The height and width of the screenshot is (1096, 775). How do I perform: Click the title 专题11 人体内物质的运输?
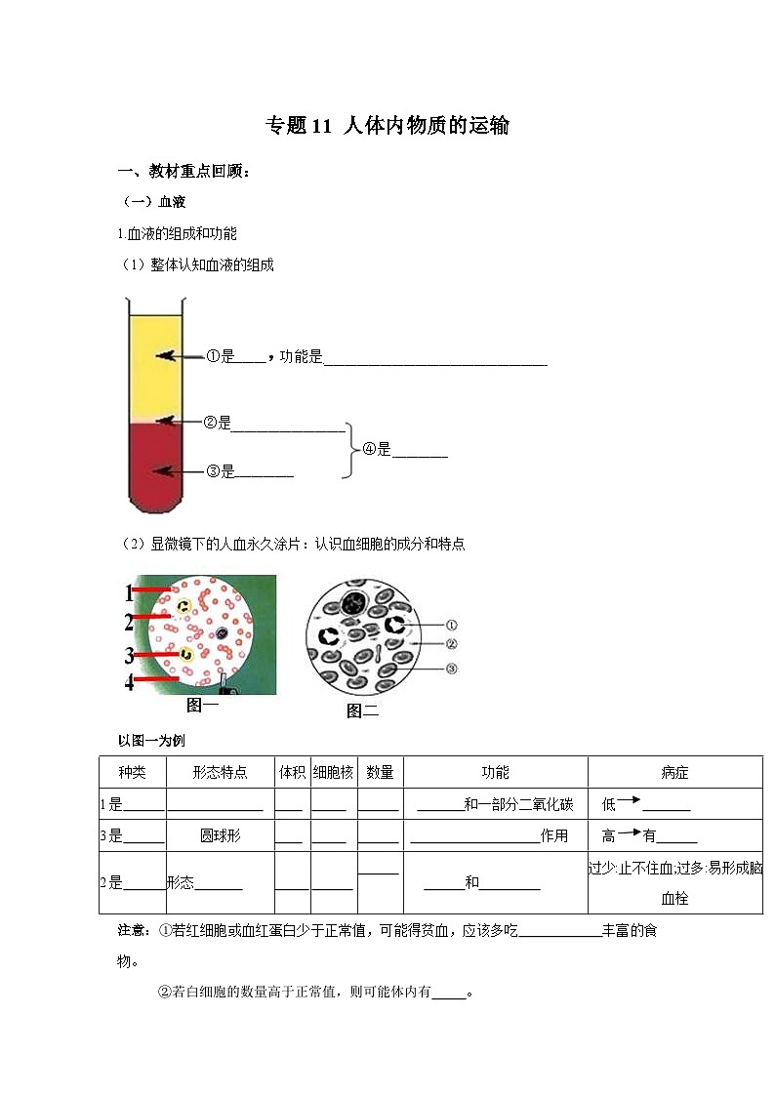pos(387,126)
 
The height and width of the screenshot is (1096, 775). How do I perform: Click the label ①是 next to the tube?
pos(221,357)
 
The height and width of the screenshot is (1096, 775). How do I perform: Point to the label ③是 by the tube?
pos(222,472)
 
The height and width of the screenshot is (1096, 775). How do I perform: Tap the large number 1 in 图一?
pos(130,591)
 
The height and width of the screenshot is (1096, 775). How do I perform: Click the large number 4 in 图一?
pos(130,681)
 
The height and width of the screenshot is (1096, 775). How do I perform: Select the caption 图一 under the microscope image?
pos(202,705)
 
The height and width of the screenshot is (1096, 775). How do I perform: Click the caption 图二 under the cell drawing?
pos(362,711)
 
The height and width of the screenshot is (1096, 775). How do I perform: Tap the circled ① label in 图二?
pos(451,625)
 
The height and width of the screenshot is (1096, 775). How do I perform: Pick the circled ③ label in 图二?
pos(451,669)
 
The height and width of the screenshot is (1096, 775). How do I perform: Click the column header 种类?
pos(132,772)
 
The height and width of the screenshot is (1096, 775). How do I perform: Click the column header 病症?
pos(674,772)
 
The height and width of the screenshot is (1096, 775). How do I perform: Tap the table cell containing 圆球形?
pos(221,835)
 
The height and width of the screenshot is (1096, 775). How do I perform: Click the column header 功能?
pos(495,772)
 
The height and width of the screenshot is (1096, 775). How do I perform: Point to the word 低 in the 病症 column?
pos(609,804)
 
